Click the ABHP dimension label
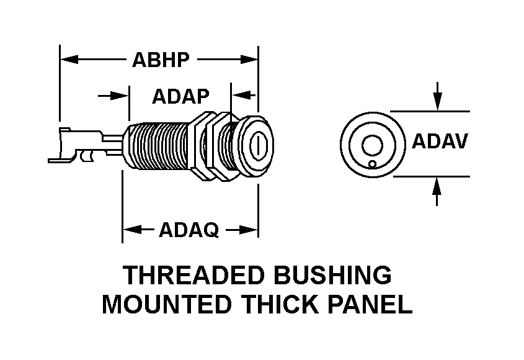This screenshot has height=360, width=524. point(160,60)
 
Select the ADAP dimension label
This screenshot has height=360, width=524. point(180,96)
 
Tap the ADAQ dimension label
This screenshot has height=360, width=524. point(189,230)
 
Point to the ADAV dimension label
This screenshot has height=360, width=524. point(440,142)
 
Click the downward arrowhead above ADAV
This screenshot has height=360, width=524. point(438,102)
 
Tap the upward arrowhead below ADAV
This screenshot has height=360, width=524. point(438,184)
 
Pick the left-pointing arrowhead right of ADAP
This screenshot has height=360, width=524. point(239,96)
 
